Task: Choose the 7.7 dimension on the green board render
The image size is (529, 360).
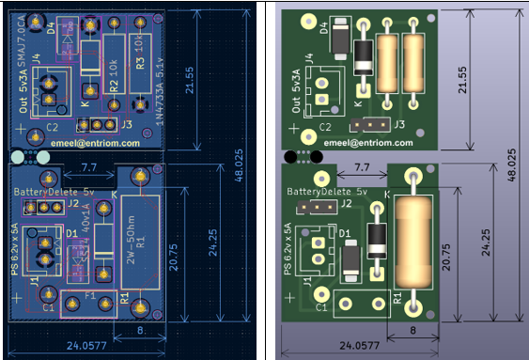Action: pyautogui.click(x=359, y=167)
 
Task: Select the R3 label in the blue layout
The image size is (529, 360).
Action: pyautogui.click(x=140, y=64)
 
